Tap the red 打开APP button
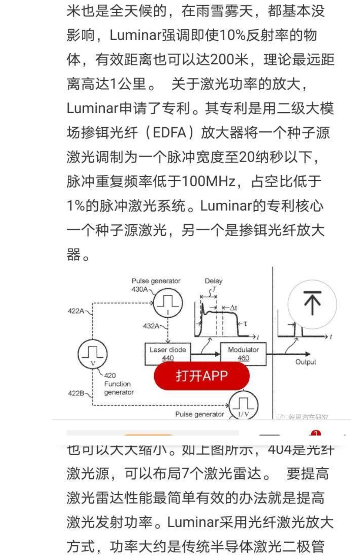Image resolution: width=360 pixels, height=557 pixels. pyautogui.click(x=201, y=376)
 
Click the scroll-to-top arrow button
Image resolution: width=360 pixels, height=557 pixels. pyautogui.click(x=312, y=304)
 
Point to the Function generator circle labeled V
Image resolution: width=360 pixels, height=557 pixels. pyautogui.click(x=93, y=354)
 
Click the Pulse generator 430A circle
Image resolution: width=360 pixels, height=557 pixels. pyautogui.click(x=168, y=303)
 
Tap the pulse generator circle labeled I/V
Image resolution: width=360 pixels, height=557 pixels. pyautogui.click(x=243, y=406)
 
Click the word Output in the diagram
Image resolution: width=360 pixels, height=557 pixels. pyautogui.click(x=306, y=362)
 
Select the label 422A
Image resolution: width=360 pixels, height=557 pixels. pyautogui.click(x=76, y=311)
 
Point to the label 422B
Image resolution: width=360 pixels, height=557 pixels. pyautogui.click(x=76, y=393)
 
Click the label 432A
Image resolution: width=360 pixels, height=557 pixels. pyautogui.click(x=151, y=326)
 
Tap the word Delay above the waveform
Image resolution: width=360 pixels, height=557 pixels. pyautogui.click(x=214, y=281)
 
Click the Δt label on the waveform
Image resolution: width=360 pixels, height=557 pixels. pyautogui.click(x=233, y=308)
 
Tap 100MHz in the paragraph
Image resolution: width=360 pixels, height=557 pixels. pyautogui.click(x=209, y=181)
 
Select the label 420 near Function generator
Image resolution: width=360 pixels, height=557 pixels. pyautogui.click(x=110, y=376)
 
